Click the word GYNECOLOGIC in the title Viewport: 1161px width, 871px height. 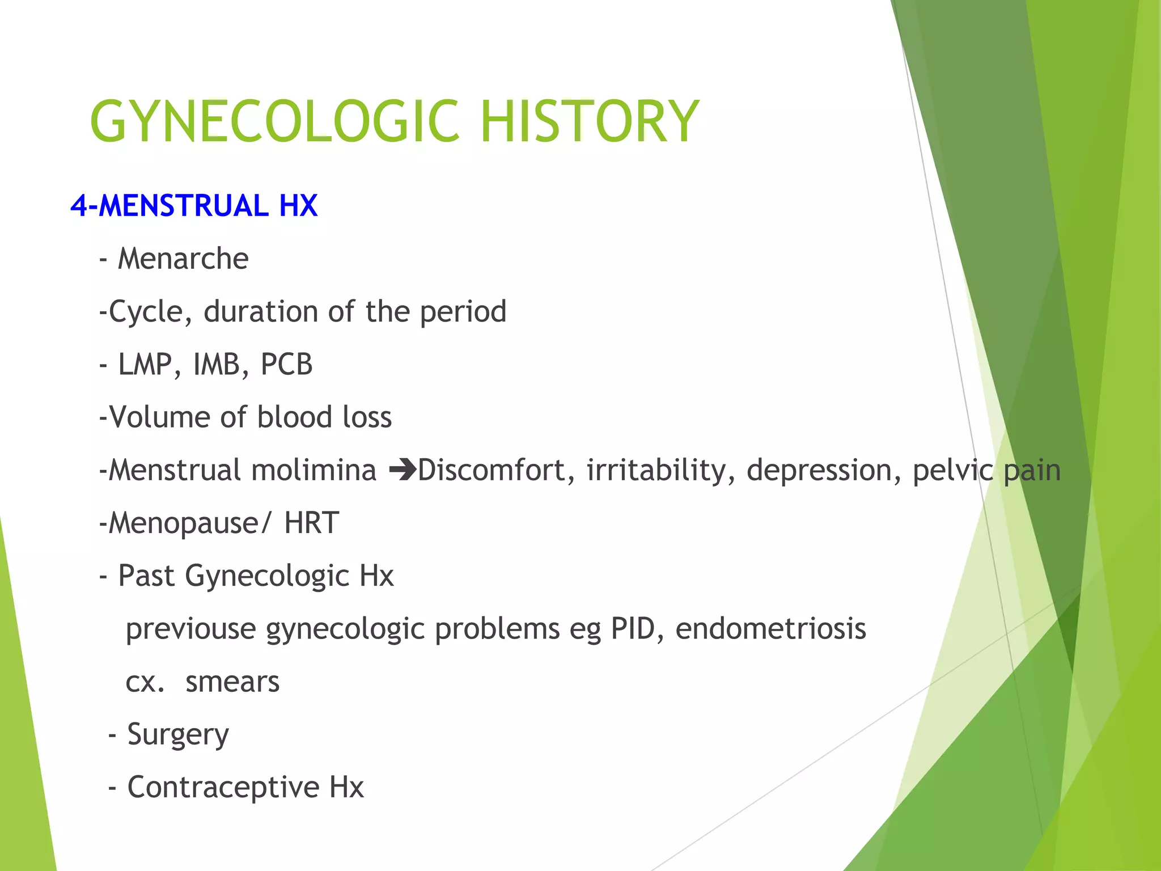(x=274, y=121)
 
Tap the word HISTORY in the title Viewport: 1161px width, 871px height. (x=590, y=121)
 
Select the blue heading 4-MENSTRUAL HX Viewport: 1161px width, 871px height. (x=194, y=205)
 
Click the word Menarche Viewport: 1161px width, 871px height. (x=183, y=259)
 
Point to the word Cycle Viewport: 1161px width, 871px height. (x=146, y=312)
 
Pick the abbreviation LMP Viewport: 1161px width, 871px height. (x=145, y=365)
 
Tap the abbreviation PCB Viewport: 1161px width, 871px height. (x=286, y=365)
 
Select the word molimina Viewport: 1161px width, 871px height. (x=313, y=471)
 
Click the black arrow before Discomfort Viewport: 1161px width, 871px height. (x=402, y=471)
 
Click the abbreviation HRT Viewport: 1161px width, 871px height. (x=311, y=523)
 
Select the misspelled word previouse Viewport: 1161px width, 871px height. (x=190, y=629)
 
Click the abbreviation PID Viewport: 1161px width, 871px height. (x=632, y=628)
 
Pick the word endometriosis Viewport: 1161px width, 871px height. (x=770, y=628)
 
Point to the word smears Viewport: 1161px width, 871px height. (x=232, y=682)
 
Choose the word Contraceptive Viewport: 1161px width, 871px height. (x=223, y=787)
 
